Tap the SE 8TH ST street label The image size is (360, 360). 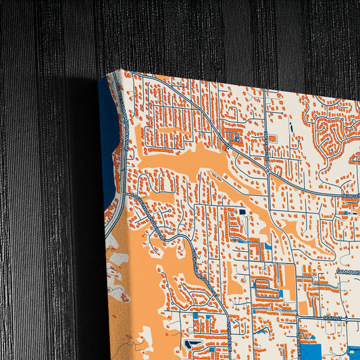point(333,317)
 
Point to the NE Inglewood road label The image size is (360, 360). point(349,195)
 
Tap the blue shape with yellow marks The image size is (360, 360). point(354,350)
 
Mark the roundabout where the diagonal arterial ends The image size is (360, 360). point(268,172)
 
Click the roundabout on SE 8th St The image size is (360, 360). point(297,317)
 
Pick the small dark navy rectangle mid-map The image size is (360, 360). point(242,212)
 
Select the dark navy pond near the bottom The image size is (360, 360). point(191,345)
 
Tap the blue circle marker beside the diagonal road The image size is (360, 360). point(237,140)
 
